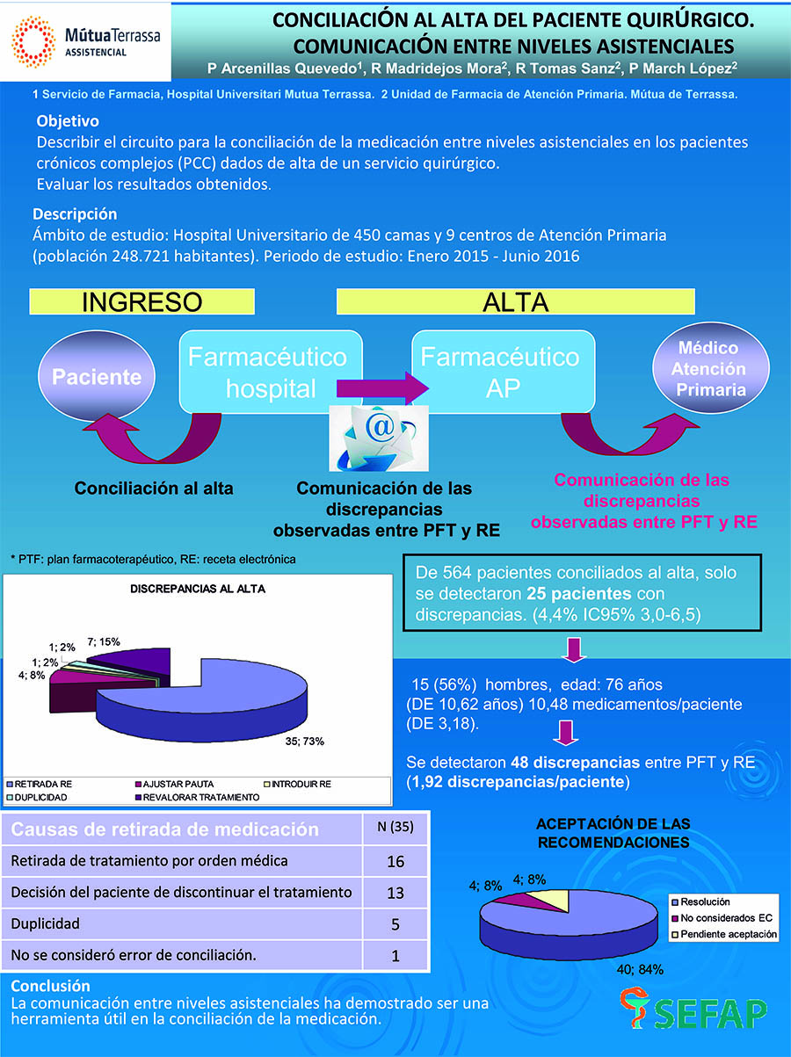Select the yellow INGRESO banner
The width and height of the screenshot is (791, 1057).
tap(142, 301)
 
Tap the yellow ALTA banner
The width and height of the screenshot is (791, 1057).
tap(515, 301)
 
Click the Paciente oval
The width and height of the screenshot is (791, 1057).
tap(97, 377)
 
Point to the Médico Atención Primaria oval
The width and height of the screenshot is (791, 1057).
tap(708, 369)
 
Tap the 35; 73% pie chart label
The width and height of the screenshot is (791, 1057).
tap(305, 741)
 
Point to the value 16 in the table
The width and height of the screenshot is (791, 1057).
tap(395, 861)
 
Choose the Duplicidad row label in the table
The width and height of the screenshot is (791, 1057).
tap(46, 923)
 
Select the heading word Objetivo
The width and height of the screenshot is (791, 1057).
tap(68, 121)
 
